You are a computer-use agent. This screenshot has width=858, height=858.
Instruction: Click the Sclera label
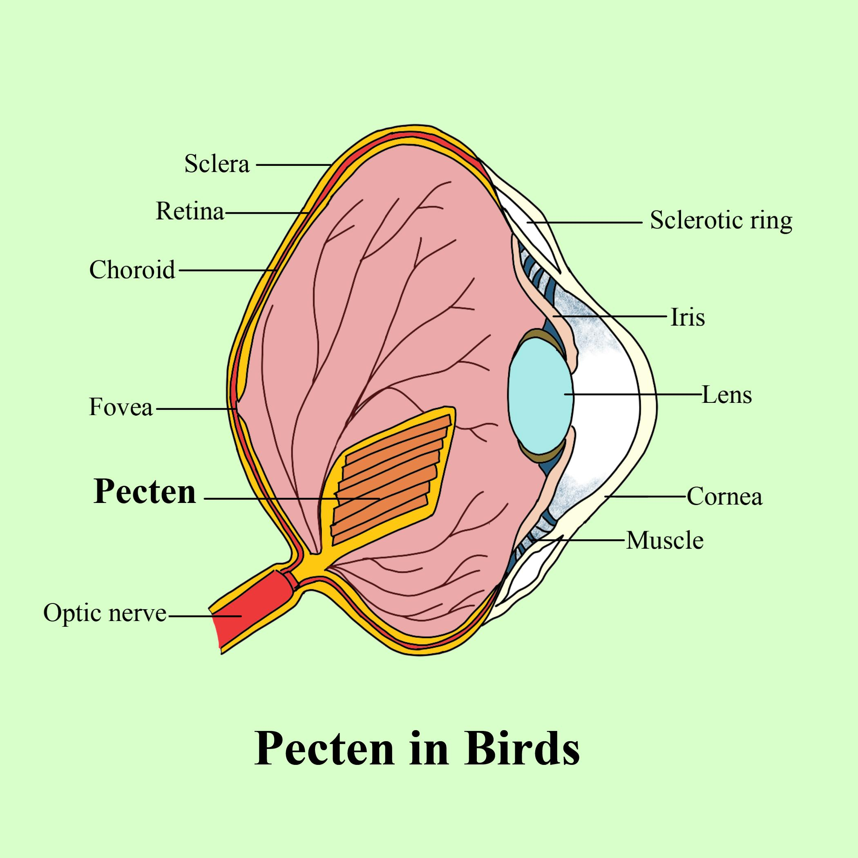click(217, 164)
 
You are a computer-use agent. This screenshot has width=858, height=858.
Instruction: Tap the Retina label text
click(190, 211)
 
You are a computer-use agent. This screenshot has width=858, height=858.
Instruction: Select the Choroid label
click(132, 270)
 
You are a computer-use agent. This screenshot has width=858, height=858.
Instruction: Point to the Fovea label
click(121, 407)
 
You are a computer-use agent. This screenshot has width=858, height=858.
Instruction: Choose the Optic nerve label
click(105, 613)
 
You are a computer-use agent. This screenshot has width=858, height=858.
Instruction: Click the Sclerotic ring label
click(721, 220)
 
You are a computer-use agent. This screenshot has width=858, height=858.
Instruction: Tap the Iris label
click(688, 317)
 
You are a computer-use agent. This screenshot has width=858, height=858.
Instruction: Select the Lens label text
click(727, 395)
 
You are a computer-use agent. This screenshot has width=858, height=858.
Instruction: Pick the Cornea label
click(725, 496)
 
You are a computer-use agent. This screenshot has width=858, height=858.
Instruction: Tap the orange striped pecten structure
click(387, 480)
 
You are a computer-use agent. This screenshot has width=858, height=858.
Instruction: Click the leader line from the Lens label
click(635, 394)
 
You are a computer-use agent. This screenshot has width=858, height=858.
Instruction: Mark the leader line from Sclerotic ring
click(586, 221)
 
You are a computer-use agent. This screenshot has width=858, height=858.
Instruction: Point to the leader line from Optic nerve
click(204, 616)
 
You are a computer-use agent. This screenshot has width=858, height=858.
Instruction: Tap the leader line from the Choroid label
click(226, 270)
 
